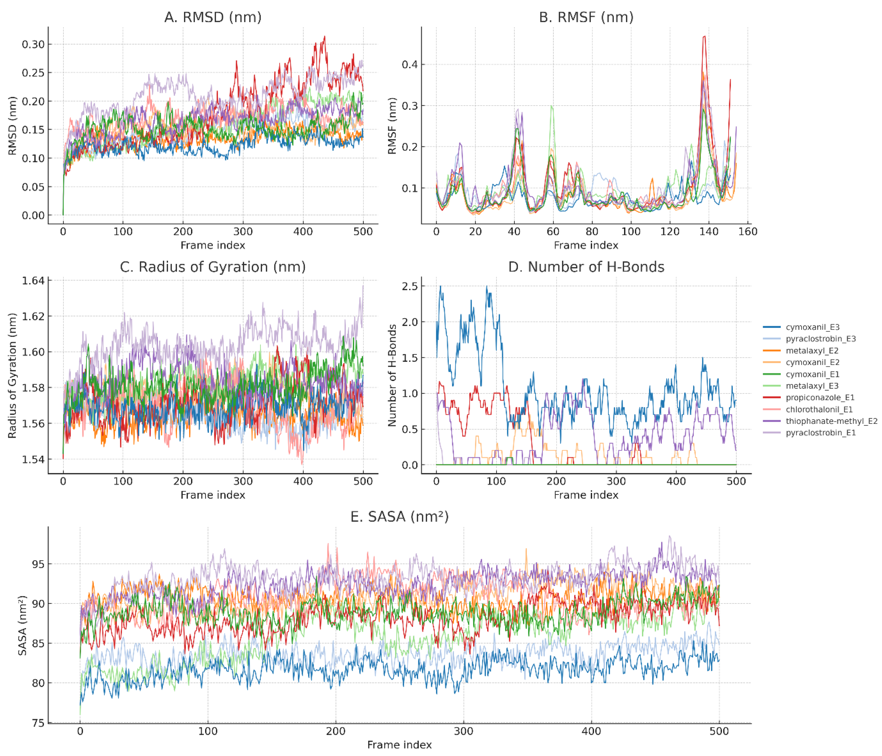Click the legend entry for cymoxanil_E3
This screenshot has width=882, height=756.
(812, 327)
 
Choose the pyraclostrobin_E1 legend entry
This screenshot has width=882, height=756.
(820, 433)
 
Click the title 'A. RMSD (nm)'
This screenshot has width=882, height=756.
(213, 17)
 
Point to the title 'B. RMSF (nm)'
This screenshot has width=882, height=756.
(586, 17)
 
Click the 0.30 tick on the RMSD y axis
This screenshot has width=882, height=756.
(33, 44)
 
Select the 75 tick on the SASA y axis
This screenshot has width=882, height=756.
(38, 723)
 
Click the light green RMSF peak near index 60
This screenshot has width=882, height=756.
(552, 106)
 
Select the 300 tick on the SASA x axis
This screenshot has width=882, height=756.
(464, 731)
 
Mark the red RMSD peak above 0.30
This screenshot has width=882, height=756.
(325, 37)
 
